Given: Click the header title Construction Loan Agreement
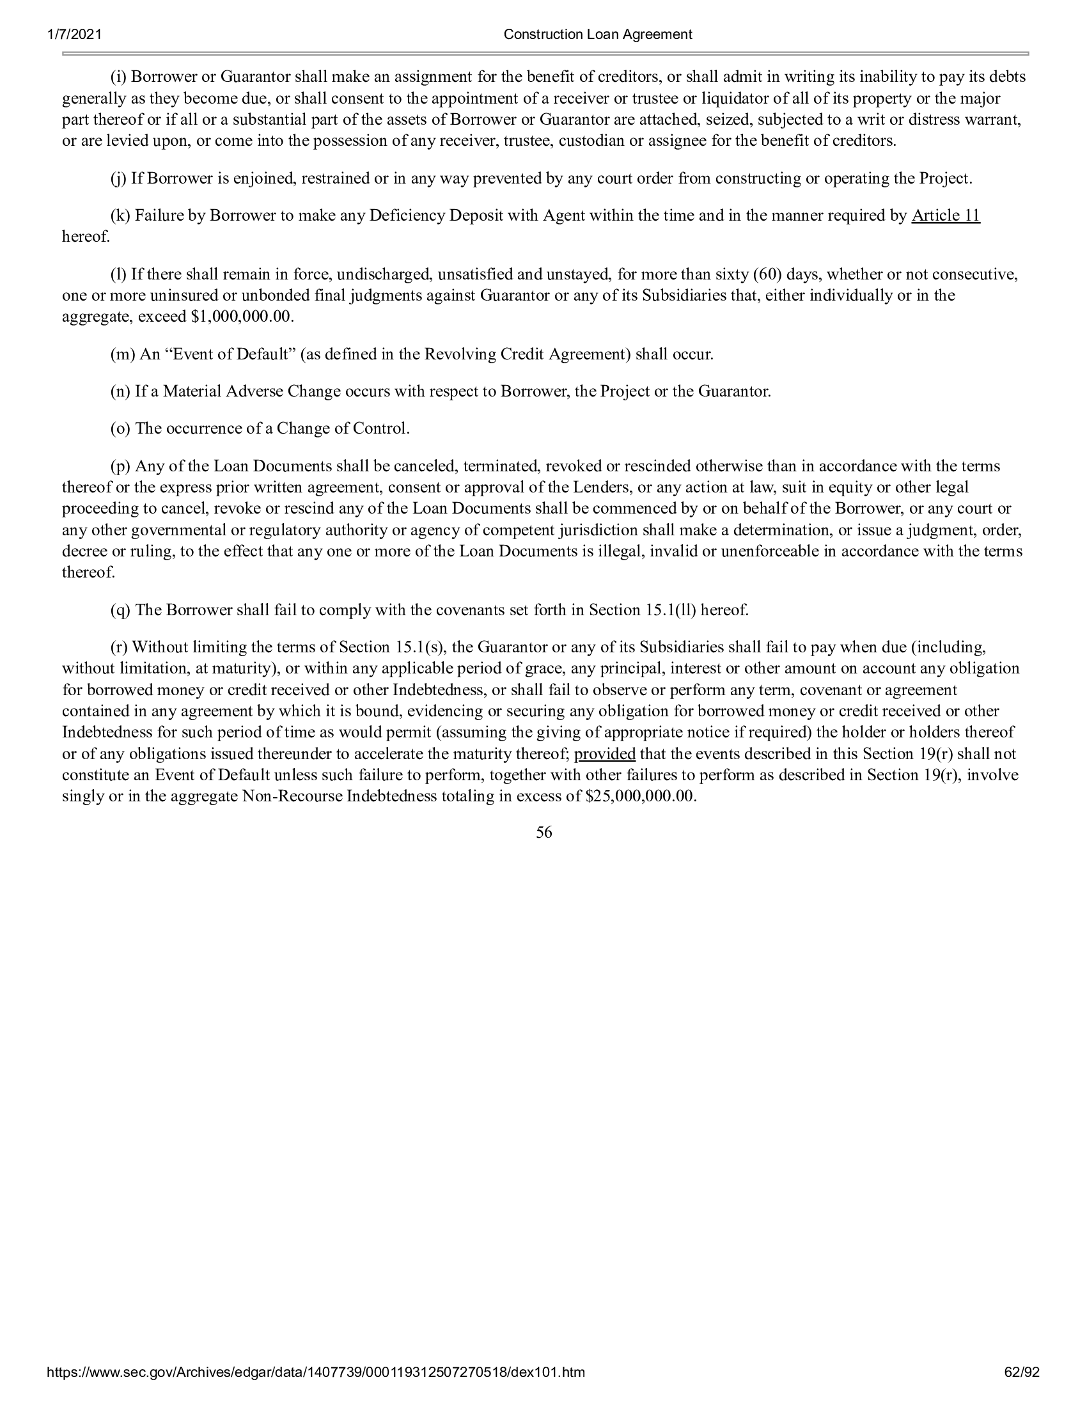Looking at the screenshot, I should tap(598, 34).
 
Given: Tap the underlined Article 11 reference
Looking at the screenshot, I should tap(945, 216).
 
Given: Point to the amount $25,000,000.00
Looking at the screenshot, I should tap(641, 796).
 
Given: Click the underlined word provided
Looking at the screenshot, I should tap(605, 754).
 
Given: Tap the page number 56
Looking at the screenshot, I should tap(543, 833).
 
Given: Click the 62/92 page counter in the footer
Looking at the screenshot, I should tap(1022, 1390).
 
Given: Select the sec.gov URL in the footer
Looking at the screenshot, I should tap(316, 1390).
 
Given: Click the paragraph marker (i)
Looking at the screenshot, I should tap(119, 77).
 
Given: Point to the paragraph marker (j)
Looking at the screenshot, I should tap(119, 178).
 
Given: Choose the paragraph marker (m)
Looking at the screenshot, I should tap(121, 354).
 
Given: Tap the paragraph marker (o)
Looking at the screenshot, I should tap(120, 428).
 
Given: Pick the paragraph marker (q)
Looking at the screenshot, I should tap(120, 610).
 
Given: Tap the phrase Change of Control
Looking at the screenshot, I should tap(343, 428).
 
